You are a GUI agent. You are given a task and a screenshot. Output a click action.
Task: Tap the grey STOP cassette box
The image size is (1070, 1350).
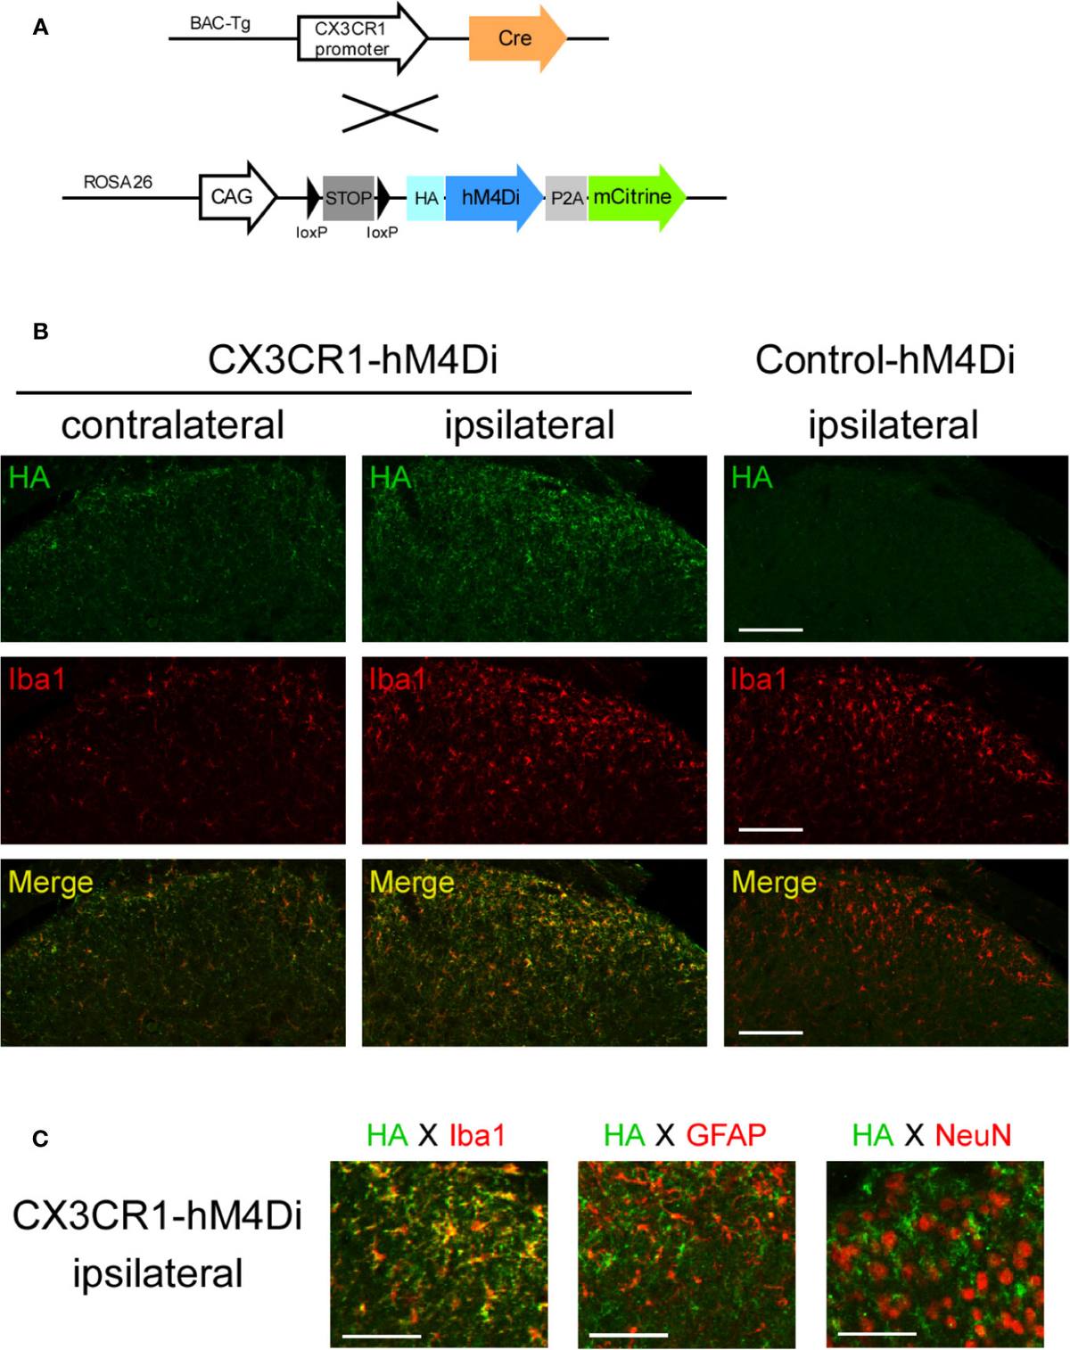point(348,198)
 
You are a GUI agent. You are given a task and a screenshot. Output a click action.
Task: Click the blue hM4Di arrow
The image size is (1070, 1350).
point(491,198)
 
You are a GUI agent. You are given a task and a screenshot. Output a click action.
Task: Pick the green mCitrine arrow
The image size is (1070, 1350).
point(634,197)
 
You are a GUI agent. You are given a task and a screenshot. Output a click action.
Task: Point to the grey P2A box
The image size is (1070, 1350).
point(565,198)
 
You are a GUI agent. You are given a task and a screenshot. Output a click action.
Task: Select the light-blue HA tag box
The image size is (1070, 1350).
point(426,198)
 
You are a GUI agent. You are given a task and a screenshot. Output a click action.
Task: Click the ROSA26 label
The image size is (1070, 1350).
point(118,182)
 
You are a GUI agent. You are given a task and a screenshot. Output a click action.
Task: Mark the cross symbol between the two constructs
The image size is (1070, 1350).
point(391,113)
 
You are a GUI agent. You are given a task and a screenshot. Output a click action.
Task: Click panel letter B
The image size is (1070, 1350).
point(40,332)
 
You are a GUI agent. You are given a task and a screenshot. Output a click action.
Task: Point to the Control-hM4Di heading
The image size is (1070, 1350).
point(885,360)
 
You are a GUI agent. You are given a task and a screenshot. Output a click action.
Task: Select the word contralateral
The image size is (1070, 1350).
point(172,424)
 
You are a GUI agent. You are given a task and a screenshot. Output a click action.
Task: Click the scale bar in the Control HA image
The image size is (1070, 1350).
point(771,630)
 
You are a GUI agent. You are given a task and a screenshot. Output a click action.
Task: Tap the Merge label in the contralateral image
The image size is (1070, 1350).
point(51,882)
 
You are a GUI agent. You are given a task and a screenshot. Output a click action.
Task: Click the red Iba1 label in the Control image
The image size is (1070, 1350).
point(759,679)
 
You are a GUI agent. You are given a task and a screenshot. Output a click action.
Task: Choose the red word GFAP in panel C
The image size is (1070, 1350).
point(726,1135)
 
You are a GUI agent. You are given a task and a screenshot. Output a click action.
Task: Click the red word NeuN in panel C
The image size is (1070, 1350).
point(973,1135)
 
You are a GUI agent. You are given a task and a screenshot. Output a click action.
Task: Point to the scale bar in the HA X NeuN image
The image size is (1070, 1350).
point(877,1334)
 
